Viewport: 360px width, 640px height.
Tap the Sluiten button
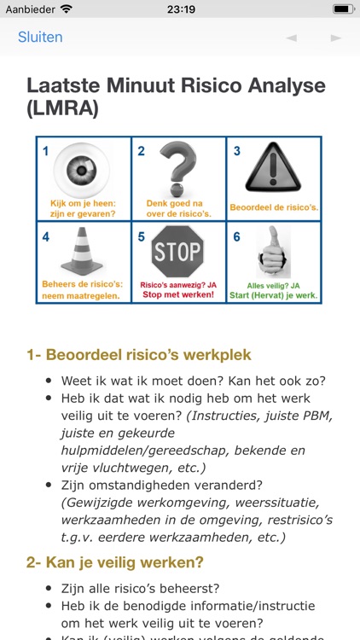click(40, 38)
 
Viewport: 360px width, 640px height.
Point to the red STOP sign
click(178, 252)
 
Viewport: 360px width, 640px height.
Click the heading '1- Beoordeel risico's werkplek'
click(139, 355)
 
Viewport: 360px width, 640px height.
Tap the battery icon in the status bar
click(343, 9)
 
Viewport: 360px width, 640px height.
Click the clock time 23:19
click(181, 9)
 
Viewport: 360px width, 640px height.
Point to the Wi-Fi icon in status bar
click(67, 9)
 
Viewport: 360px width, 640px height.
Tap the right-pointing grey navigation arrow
click(336, 38)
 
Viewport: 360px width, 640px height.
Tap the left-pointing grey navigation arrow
click(292, 38)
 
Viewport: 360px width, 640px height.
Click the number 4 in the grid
click(46, 236)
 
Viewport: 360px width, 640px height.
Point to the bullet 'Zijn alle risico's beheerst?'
click(140, 588)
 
